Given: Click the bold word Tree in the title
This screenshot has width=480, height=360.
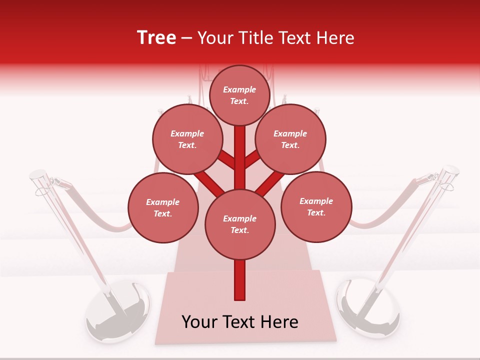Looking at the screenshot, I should pyautogui.click(x=156, y=38).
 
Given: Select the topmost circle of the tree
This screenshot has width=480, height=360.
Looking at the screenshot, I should pyautogui.click(x=239, y=95).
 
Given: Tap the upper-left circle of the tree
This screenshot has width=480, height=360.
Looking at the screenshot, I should pyautogui.click(x=187, y=139).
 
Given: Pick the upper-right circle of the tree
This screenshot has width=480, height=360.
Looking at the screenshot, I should pyautogui.click(x=290, y=139).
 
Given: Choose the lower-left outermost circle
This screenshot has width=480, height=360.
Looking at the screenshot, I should pyautogui.click(x=163, y=208).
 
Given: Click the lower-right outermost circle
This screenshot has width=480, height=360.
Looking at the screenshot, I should pyautogui.click(x=316, y=206).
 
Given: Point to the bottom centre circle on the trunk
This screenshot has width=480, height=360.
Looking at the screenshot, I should pyautogui.click(x=240, y=224).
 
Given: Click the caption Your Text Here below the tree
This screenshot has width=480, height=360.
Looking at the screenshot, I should pyautogui.click(x=240, y=322).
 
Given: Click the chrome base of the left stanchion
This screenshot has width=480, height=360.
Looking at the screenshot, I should pyautogui.click(x=118, y=312).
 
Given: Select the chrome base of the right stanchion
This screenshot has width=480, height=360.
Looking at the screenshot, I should pyautogui.click(x=368, y=310).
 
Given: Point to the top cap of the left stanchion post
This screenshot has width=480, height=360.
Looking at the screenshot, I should pyautogui.click(x=38, y=174).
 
